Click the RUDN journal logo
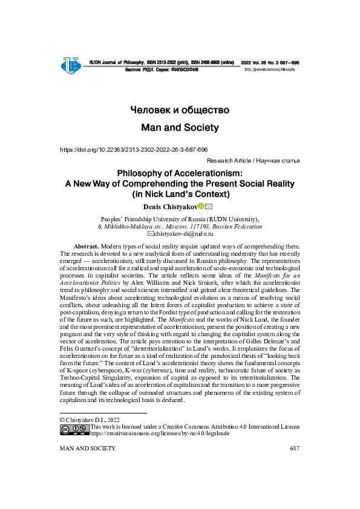(71, 65)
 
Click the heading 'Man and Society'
(180, 128)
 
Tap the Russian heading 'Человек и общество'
(180, 110)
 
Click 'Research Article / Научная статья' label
(253, 161)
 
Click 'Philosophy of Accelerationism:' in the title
(180, 173)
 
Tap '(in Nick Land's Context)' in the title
(180, 195)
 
